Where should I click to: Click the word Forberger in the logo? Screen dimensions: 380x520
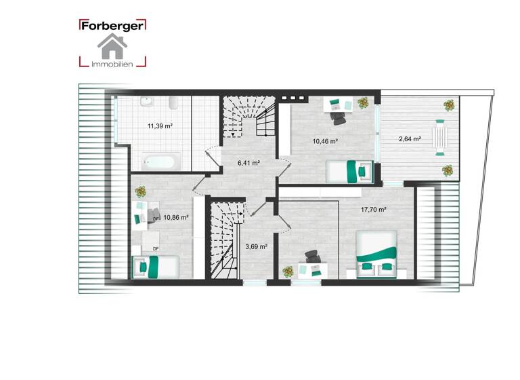(112, 26)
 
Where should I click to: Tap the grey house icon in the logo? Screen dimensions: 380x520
(112, 46)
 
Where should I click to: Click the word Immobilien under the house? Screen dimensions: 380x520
(112, 64)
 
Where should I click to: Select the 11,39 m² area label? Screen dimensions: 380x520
(160, 126)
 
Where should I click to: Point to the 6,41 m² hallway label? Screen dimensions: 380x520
(248, 163)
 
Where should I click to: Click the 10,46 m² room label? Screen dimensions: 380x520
(325, 142)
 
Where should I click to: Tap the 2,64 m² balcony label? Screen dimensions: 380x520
(410, 139)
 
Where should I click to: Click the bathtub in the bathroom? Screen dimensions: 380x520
(160, 161)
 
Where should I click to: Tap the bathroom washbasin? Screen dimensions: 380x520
(146, 102)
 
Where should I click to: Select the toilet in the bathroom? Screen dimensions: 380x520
(173, 104)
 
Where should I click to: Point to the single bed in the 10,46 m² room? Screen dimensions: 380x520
(349, 171)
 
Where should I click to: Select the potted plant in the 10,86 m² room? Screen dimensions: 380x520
(141, 192)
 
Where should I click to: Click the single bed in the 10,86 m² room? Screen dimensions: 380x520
(155, 265)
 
